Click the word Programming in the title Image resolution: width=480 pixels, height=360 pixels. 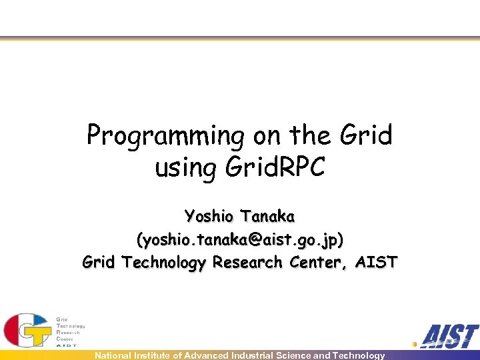[x=166, y=136]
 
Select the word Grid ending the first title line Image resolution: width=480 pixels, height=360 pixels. [x=366, y=135]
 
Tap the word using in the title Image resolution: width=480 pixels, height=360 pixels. [x=185, y=167]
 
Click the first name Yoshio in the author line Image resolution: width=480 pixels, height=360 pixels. [x=210, y=216]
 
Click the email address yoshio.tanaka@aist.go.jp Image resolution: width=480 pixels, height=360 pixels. [x=240, y=239]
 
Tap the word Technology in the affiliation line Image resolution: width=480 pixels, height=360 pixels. [x=164, y=262]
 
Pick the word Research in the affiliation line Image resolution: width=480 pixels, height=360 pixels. [x=247, y=262]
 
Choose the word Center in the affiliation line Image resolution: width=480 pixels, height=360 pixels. [x=318, y=262]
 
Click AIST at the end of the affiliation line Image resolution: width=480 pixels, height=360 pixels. [x=376, y=262]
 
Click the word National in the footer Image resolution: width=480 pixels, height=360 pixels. [x=115, y=355]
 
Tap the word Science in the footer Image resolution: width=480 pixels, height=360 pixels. [x=294, y=355]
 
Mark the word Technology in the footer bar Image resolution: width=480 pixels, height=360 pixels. [x=359, y=355]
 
